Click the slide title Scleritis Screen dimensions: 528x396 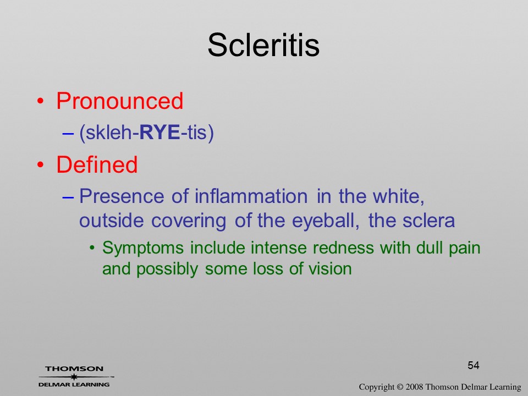coord(263,45)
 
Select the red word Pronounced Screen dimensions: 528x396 coord(119,101)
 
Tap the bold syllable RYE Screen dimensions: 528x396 coord(159,132)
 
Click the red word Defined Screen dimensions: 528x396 coord(97,164)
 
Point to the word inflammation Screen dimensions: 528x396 coord(251,196)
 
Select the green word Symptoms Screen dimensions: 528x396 coord(143,249)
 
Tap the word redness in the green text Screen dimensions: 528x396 coord(343,248)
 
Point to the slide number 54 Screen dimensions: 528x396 coord(474,365)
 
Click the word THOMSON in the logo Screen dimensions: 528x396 coord(74,369)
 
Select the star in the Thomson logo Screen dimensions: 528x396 coord(74,377)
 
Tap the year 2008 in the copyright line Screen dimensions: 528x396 coord(415,387)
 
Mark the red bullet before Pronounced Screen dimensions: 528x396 coord(40,101)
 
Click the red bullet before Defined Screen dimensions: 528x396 coord(40,164)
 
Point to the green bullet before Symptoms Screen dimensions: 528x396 coord(92,249)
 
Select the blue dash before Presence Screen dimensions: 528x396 coord(68,197)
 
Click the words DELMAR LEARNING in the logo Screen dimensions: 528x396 coord(74,384)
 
